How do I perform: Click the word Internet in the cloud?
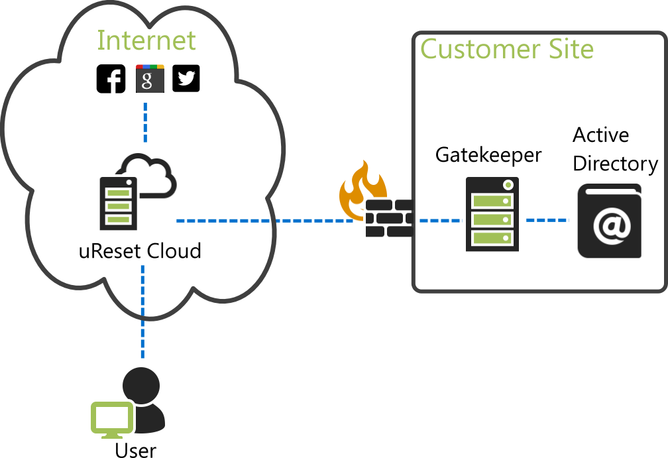tap(146, 40)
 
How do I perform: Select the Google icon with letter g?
tap(150, 79)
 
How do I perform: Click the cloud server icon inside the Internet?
tap(118, 203)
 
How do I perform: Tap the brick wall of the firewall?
tap(389, 218)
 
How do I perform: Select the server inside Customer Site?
tap(492, 214)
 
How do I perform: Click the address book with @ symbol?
tap(609, 221)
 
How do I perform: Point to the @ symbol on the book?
tap(611, 225)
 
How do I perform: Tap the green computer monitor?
tap(111, 418)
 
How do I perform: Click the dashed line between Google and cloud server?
tap(145, 122)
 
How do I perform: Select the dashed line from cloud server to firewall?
tap(265, 220)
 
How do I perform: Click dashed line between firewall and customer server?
tap(439, 220)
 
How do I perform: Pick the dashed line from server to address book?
tap(547, 219)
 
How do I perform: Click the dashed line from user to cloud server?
tap(142, 312)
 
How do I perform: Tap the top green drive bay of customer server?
tap(492, 201)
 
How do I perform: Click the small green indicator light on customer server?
tap(508, 184)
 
